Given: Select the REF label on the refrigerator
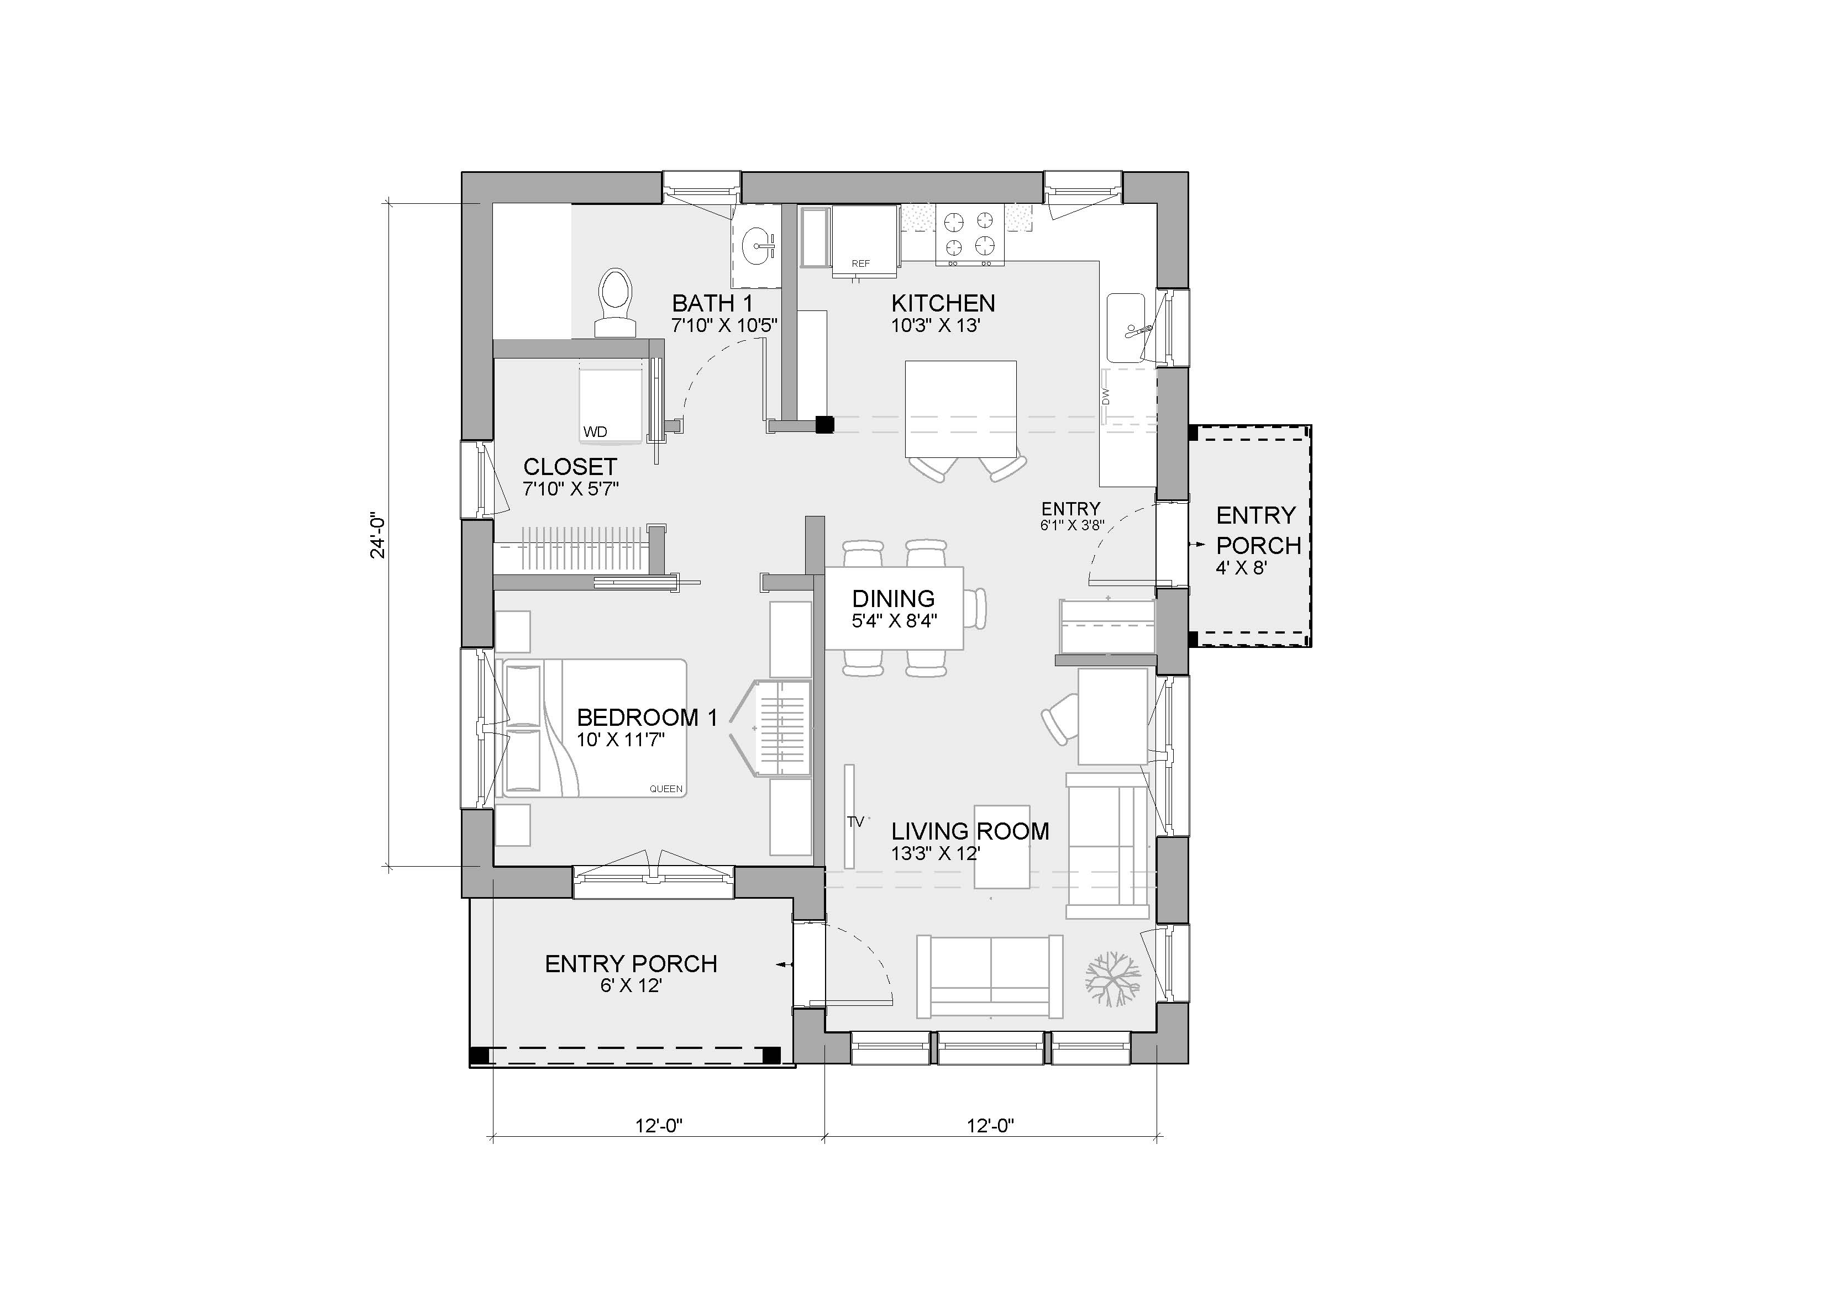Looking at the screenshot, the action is tap(860, 263).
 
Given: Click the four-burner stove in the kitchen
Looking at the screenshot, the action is tap(969, 235).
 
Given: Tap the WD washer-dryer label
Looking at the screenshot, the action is tap(596, 433).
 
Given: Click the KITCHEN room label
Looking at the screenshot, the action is tap(943, 303).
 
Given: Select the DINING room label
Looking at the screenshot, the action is tap(894, 599).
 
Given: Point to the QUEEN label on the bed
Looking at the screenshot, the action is tap(666, 789).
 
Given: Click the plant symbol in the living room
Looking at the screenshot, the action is tap(1113, 978).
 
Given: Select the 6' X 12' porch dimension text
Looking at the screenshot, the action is tap(632, 985).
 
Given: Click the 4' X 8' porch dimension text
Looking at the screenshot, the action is tap(1241, 568).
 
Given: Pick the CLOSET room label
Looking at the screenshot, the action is tap(570, 467).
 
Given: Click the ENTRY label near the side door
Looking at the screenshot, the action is tap(1071, 509).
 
